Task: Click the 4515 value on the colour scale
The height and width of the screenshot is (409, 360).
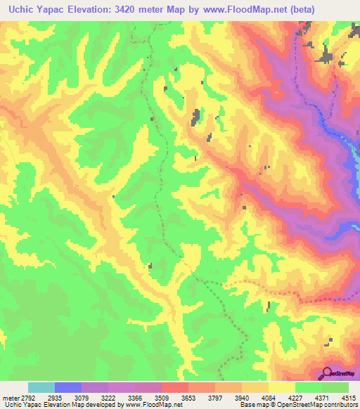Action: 348,397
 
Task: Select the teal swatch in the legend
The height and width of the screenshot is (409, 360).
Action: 41,387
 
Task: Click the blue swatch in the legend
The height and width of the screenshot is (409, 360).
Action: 68,387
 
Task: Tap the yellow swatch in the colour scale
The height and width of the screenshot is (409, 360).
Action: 282,387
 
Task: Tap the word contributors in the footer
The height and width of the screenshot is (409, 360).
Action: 340,405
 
